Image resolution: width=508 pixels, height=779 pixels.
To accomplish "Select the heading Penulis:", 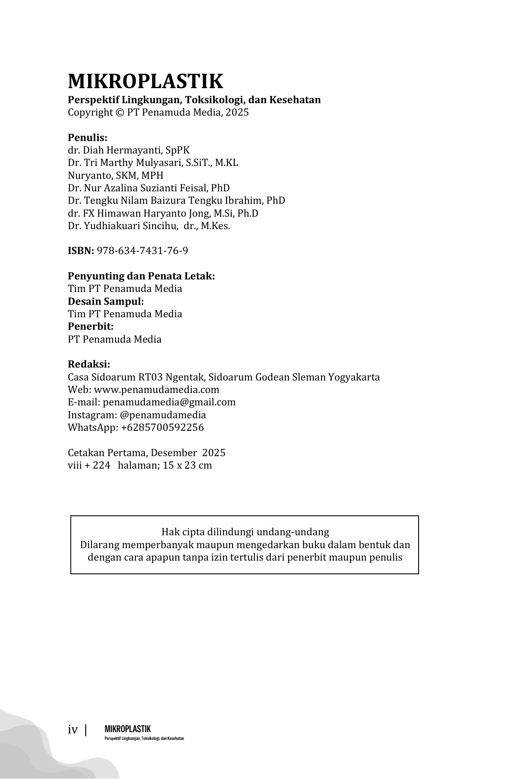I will (87, 138).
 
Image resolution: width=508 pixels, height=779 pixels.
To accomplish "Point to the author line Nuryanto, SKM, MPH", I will (116, 175).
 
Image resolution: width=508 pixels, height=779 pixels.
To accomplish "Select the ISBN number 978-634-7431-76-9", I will (143, 251).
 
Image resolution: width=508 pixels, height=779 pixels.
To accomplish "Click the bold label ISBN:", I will (81, 251).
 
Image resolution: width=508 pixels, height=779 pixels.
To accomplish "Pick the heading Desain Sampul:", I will (106, 301).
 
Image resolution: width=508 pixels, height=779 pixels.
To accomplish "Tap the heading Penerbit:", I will (91, 327).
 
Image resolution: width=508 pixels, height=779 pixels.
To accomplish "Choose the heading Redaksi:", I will (89, 365).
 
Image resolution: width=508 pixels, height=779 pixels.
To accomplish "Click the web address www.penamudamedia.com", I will (156, 390).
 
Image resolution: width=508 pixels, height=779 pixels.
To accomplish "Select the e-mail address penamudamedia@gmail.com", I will (169, 402).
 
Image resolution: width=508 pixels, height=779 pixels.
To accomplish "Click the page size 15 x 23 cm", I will (187, 466).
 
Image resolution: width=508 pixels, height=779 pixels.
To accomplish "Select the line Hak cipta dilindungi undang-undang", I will (245, 532).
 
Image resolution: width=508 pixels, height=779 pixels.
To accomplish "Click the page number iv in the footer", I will (73, 730).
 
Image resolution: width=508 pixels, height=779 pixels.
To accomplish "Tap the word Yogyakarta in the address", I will (354, 377).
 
